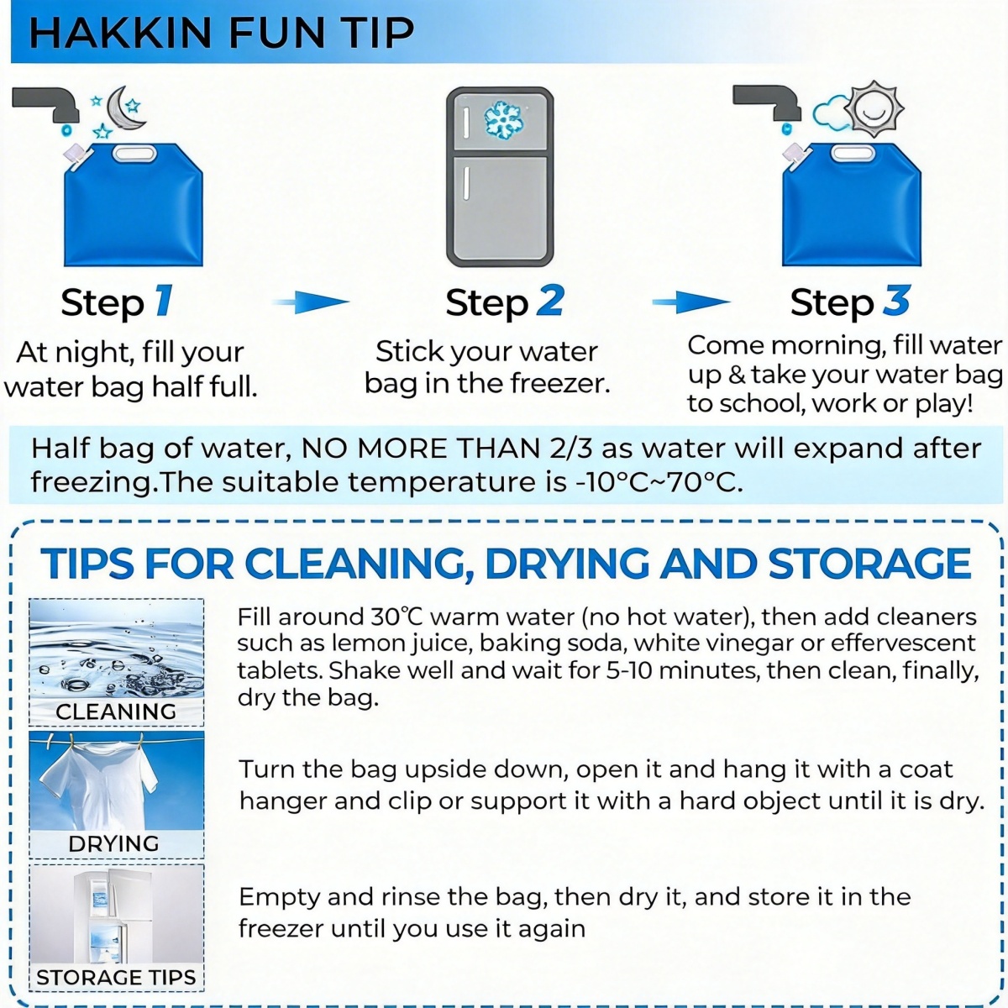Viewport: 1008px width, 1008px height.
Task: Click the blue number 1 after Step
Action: (x=163, y=301)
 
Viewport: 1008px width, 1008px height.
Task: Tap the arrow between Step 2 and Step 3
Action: (x=691, y=302)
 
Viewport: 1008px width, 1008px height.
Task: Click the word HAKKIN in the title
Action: (x=120, y=33)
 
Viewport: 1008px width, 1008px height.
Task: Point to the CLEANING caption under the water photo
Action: (x=116, y=711)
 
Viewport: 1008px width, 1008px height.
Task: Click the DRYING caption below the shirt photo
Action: (x=113, y=843)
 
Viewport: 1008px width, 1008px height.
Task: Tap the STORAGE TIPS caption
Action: (x=116, y=977)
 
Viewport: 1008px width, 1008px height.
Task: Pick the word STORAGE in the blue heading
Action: (x=869, y=564)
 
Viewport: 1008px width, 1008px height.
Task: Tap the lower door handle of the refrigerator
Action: (x=465, y=183)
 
